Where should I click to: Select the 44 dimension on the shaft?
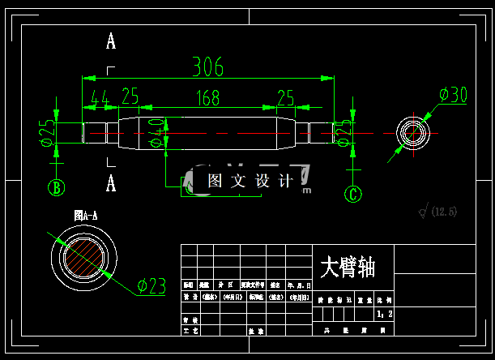tap(100, 98)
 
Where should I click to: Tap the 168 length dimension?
tap(207, 98)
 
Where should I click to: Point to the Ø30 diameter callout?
tap(454, 96)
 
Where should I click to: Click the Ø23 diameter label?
tap(151, 285)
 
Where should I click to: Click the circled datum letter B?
tap(56, 188)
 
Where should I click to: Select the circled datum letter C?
tap(352, 194)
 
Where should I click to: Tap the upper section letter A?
tap(111, 41)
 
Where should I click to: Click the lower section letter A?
tap(111, 183)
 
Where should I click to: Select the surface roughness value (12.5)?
tap(444, 212)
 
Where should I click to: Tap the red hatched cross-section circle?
tap(84, 257)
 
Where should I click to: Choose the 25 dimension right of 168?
tap(286, 98)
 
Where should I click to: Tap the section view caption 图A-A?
tap(85, 216)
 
